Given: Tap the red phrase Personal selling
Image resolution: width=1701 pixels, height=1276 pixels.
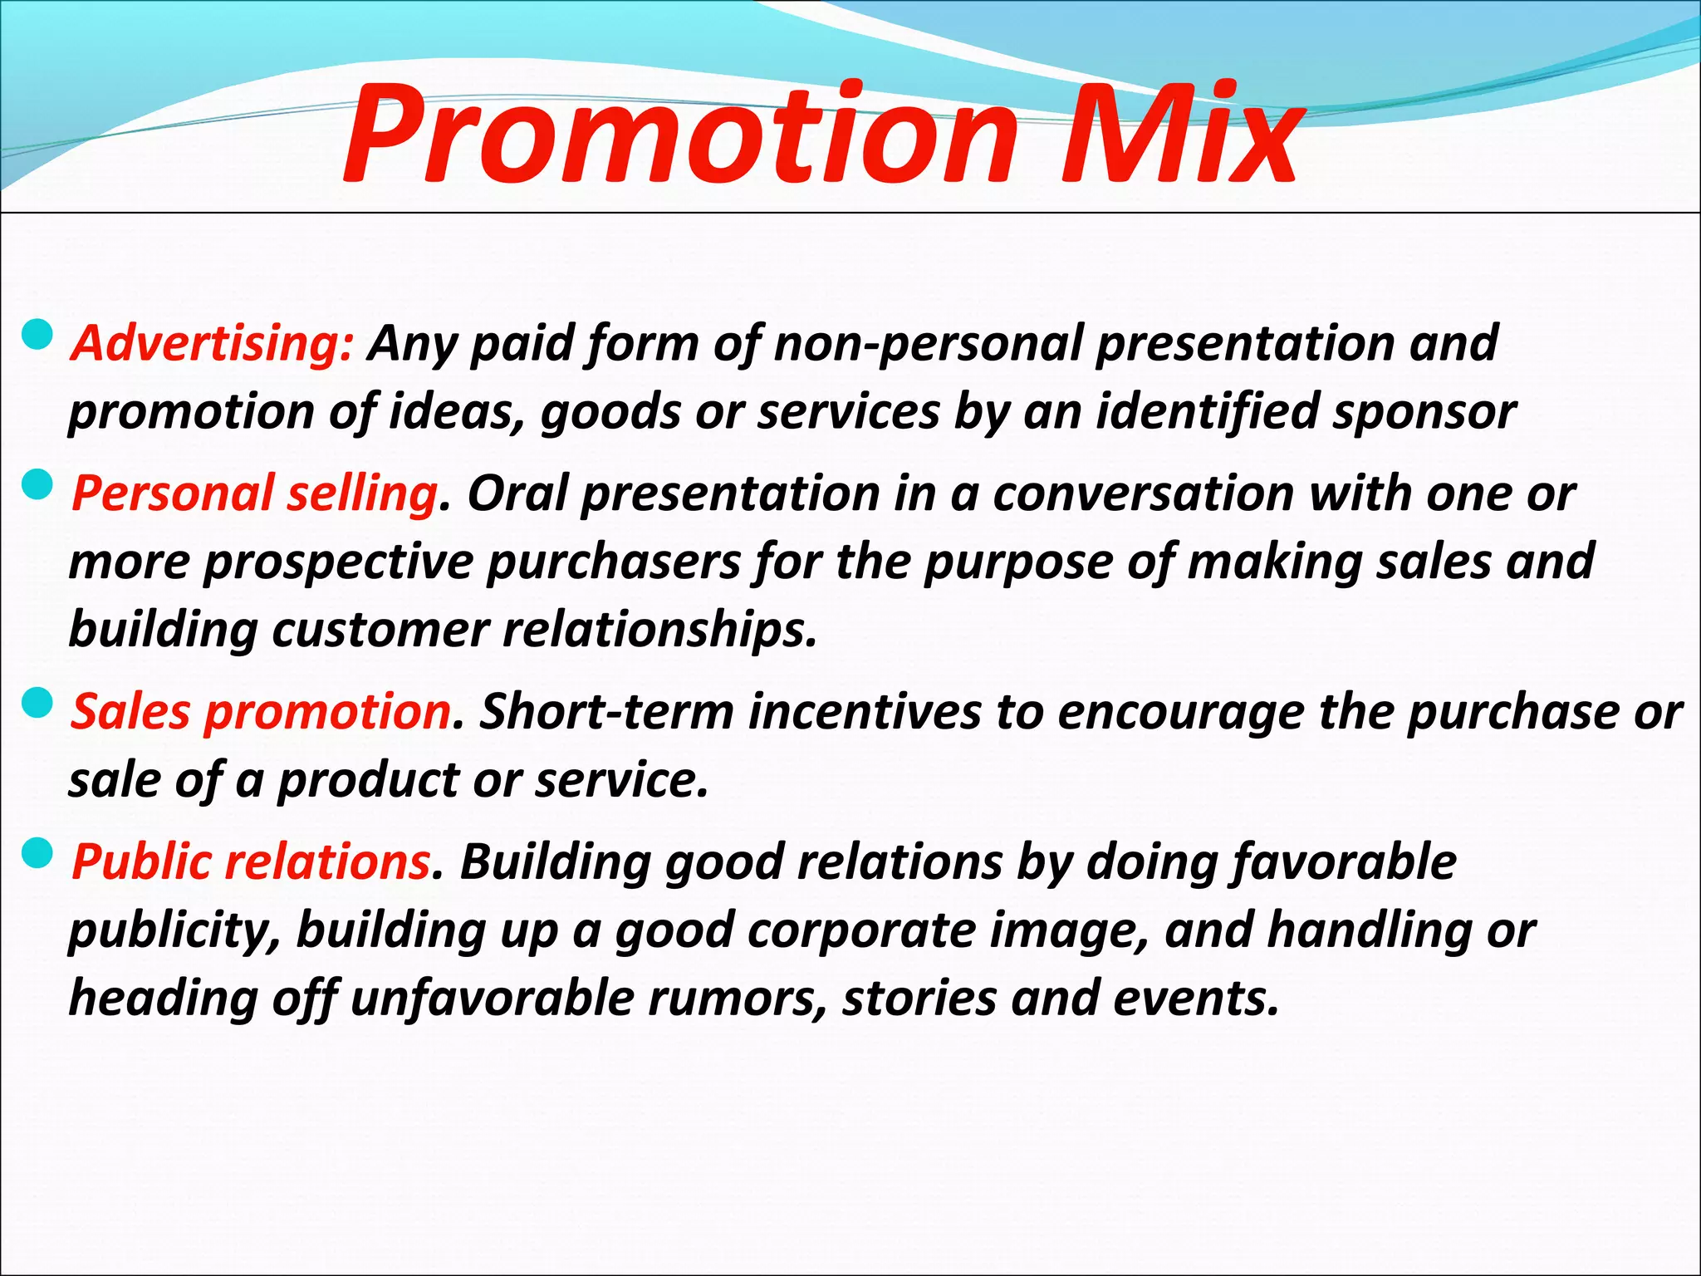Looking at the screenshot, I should pyautogui.click(x=254, y=493).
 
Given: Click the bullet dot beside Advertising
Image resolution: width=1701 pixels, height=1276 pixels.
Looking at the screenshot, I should pyautogui.click(x=38, y=336).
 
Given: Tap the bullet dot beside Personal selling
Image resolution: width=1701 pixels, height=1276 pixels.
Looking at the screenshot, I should pyautogui.click(x=38, y=485).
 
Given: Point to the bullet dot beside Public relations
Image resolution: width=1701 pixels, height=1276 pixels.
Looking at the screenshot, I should pyautogui.click(x=38, y=853).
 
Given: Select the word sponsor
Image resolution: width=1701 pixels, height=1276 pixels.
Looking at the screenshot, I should pyautogui.click(x=1424, y=412).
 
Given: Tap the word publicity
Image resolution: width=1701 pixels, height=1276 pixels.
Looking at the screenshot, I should pyautogui.click(x=175, y=931).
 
